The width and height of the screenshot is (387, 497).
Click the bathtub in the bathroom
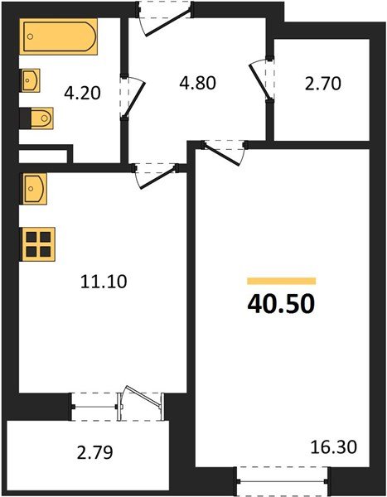[x=60, y=37]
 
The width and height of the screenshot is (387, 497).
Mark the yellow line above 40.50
[x=281, y=281]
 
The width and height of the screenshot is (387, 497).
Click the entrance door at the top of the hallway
[x=163, y=15]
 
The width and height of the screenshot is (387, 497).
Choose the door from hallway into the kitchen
[x=155, y=172]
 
